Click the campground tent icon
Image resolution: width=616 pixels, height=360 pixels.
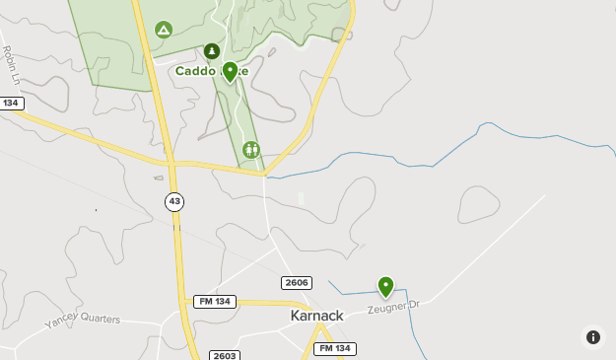[164, 31]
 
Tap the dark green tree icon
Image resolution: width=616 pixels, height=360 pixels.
[211, 51]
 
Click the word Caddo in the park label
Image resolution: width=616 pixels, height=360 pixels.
[195, 70]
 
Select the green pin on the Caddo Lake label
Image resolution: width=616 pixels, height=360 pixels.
[230, 72]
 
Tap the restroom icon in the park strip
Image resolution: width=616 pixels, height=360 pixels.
[251, 150]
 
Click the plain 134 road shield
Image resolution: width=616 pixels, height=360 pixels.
[11, 104]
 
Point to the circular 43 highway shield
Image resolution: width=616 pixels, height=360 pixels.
[174, 201]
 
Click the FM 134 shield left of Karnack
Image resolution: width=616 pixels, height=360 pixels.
[214, 301]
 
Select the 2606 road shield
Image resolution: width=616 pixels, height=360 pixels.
[297, 283]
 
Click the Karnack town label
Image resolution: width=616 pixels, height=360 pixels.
[317, 316]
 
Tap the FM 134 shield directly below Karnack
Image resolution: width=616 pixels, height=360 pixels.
[335, 348]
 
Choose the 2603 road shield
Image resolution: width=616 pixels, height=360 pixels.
[225, 355]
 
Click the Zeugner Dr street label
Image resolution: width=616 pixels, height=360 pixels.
[394, 308]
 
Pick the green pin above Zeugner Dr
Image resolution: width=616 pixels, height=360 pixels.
[385, 287]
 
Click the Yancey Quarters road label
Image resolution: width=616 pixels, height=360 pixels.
[82, 321]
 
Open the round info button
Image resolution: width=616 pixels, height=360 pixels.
[593, 337]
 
